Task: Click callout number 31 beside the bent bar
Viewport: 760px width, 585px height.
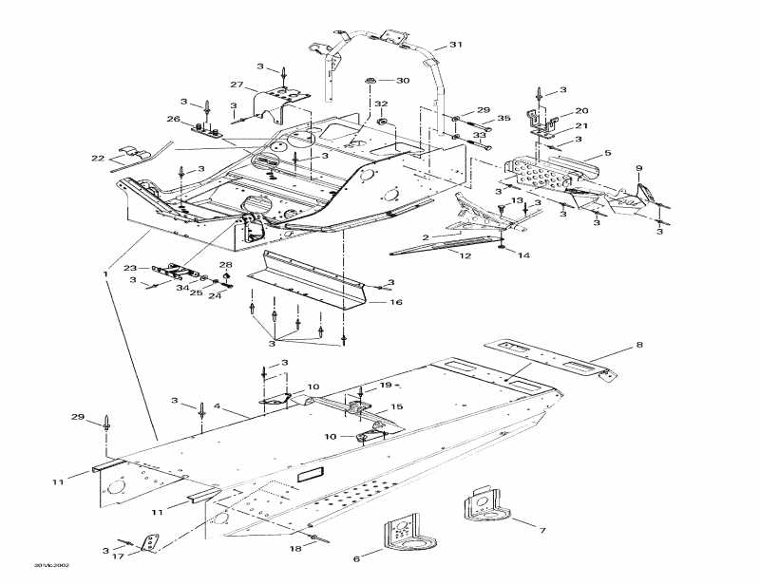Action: click(455, 45)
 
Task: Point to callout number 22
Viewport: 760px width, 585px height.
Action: click(98, 158)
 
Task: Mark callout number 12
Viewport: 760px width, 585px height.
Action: click(465, 255)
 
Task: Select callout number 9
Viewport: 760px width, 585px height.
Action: click(639, 169)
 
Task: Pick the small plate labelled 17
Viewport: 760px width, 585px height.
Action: click(149, 543)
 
